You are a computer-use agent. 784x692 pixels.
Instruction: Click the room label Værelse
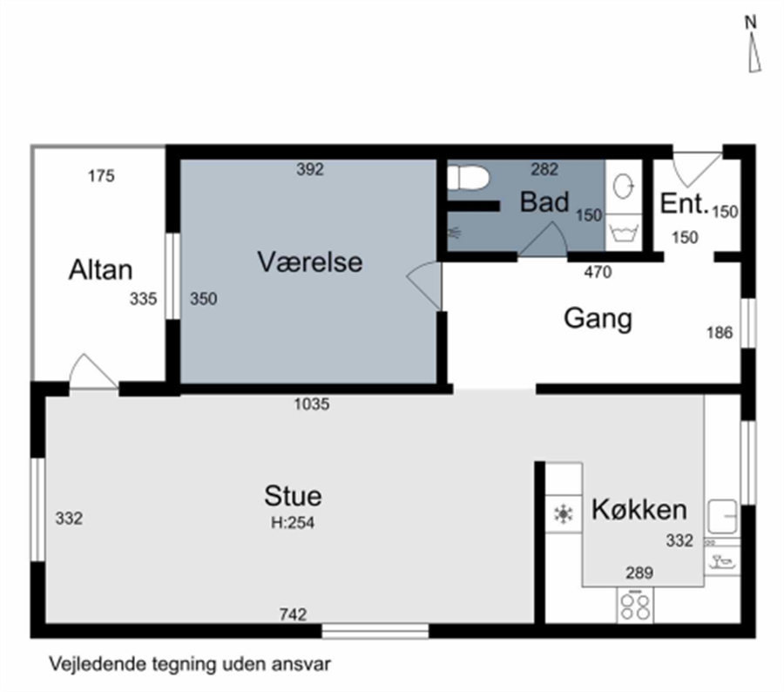coord(310,262)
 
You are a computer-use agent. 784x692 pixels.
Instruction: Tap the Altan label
coord(100,269)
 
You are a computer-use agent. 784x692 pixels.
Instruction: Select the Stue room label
coord(293,496)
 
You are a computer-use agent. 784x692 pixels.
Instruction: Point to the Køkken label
coord(639,509)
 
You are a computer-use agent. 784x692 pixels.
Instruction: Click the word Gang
coord(598,319)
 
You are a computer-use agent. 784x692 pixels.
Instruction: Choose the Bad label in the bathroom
coord(544,201)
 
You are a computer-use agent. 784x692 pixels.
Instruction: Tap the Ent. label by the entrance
coord(684,203)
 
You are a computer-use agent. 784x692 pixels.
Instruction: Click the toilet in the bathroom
coord(468,178)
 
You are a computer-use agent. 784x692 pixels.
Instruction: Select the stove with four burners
coord(635,606)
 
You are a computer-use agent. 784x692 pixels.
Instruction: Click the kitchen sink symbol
coord(722,517)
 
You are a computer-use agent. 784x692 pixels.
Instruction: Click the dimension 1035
coord(312,404)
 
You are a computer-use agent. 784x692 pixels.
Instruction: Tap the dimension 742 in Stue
coord(293,614)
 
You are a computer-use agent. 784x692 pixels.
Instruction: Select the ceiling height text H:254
coord(293,523)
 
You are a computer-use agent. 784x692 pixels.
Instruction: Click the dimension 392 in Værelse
coord(310,169)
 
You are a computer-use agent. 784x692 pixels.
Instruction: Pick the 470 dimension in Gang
coord(598,272)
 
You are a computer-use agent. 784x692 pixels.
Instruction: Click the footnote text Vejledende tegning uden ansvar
coord(190,664)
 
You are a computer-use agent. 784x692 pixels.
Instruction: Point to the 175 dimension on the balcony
coord(101,176)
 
